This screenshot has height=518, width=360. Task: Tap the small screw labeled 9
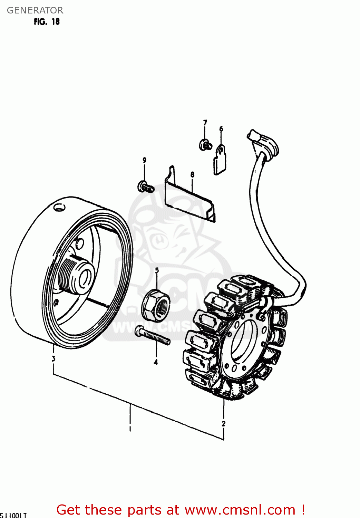click(145, 187)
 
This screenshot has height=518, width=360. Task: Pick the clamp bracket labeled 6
click(220, 160)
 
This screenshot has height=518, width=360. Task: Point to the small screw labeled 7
click(205, 145)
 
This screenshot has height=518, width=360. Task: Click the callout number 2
click(224, 423)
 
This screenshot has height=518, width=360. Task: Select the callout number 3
click(53, 358)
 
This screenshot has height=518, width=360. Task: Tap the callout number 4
click(156, 362)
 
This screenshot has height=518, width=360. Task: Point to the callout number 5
click(157, 270)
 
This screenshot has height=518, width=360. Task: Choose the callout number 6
click(221, 129)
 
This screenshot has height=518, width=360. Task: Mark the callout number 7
click(205, 123)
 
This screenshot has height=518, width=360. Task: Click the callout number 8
click(192, 175)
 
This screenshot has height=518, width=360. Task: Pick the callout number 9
click(144, 160)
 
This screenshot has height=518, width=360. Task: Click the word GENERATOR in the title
click(35, 10)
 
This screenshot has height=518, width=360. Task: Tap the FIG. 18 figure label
click(47, 22)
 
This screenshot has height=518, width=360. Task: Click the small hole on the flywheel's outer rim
click(59, 208)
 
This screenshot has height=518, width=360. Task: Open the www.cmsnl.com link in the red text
click(240, 510)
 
